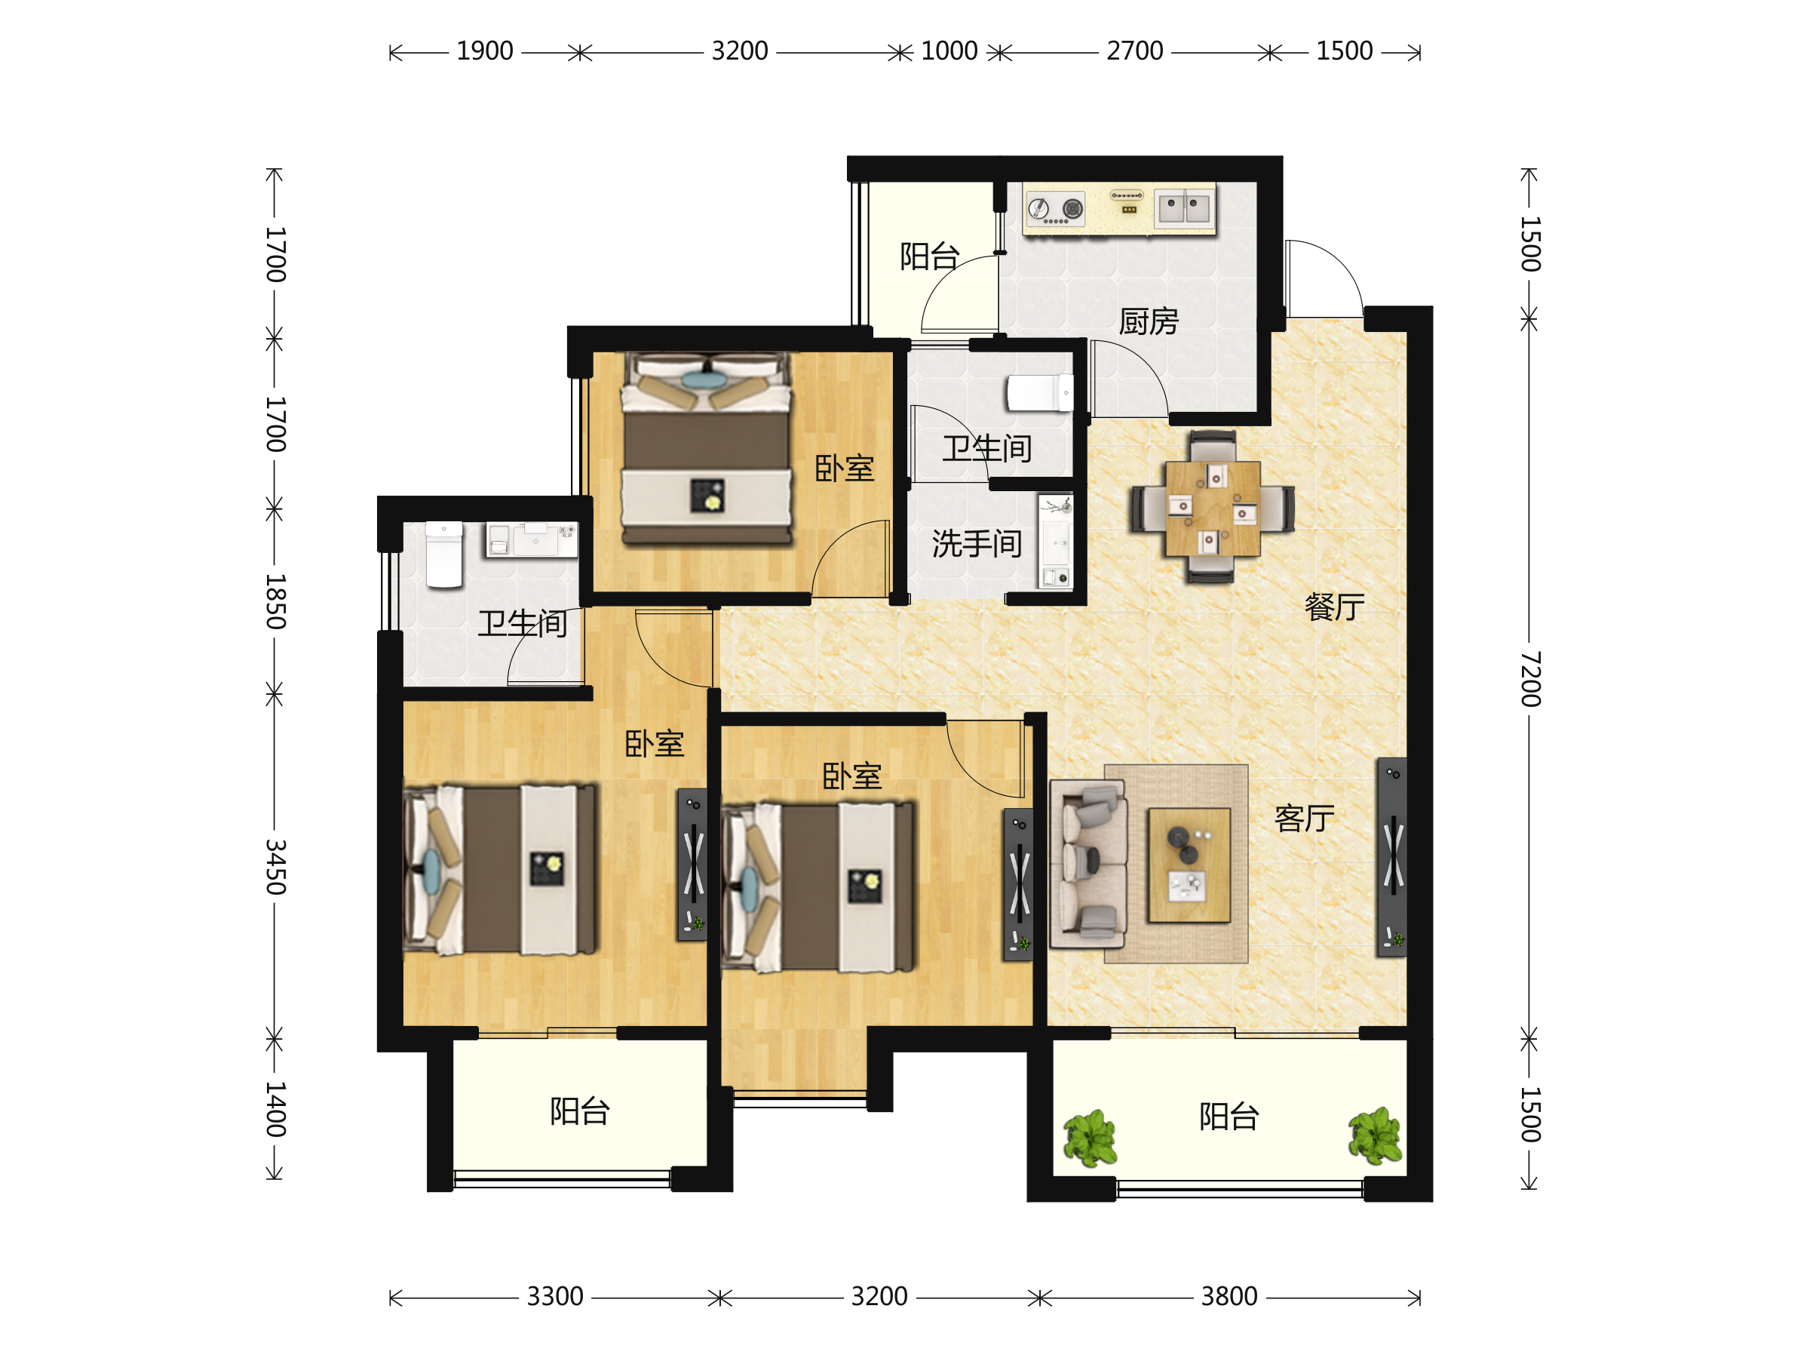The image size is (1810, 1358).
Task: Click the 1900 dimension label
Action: click(x=484, y=51)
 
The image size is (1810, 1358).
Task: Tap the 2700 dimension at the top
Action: click(x=1134, y=51)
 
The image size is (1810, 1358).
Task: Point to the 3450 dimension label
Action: click(x=276, y=866)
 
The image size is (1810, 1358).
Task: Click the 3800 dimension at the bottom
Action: click(x=1229, y=1297)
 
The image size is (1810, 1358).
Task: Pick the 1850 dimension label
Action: click(x=276, y=601)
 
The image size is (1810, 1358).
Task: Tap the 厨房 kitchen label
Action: click(x=1149, y=321)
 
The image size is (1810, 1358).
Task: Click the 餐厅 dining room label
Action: click(x=1335, y=607)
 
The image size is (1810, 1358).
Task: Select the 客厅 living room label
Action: click(x=1304, y=818)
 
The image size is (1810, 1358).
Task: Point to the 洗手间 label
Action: click(x=977, y=543)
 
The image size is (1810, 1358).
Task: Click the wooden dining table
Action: click(x=1213, y=508)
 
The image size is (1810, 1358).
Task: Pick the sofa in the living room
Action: click(x=1088, y=864)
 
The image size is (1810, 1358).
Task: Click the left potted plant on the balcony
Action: click(x=1090, y=1138)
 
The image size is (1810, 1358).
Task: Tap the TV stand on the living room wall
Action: click(x=1392, y=857)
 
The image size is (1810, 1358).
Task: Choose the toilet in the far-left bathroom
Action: click(x=444, y=555)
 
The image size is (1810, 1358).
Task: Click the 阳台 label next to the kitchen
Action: click(x=930, y=257)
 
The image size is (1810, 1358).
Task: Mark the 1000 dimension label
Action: click(x=949, y=51)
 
